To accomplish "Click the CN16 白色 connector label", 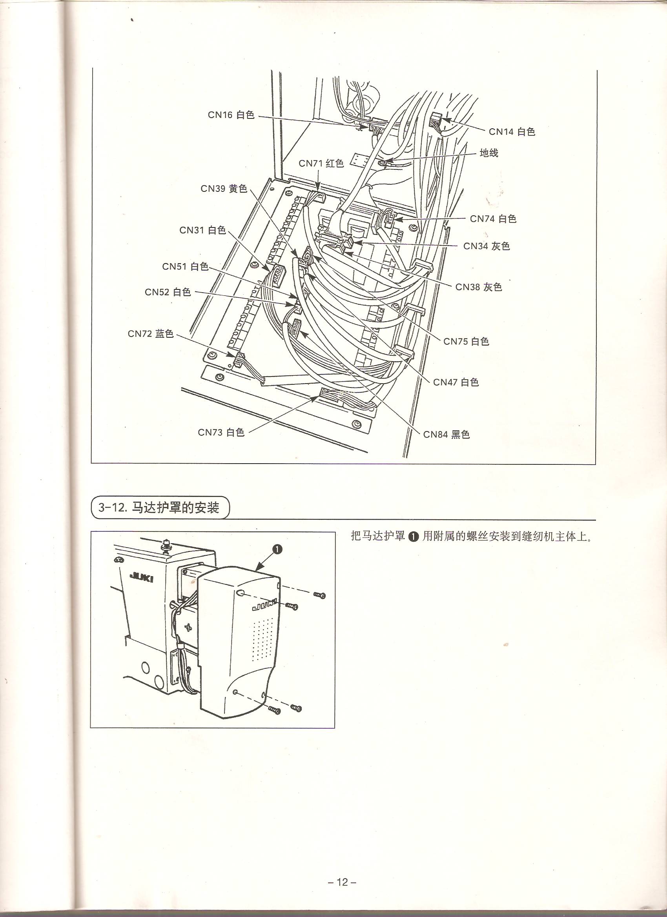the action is (x=231, y=115).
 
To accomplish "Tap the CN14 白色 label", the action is (x=512, y=131).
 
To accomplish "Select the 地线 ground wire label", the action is (x=489, y=153).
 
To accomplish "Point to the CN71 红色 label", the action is (x=321, y=163).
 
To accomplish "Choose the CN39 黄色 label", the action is (x=224, y=188).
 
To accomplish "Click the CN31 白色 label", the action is (x=202, y=230).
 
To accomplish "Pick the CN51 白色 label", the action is (x=185, y=266).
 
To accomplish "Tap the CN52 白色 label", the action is (x=168, y=291).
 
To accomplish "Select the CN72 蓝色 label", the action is (x=151, y=333).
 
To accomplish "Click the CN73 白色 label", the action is (x=221, y=432).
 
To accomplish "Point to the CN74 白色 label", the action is (x=493, y=219).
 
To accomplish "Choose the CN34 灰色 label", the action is (x=487, y=246).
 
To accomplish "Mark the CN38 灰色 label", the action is (x=479, y=287).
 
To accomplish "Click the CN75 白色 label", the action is (x=467, y=341).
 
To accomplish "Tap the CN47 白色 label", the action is (x=456, y=382).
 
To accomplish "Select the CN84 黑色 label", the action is (x=446, y=434).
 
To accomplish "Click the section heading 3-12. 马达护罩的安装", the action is (x=159, y=508).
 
